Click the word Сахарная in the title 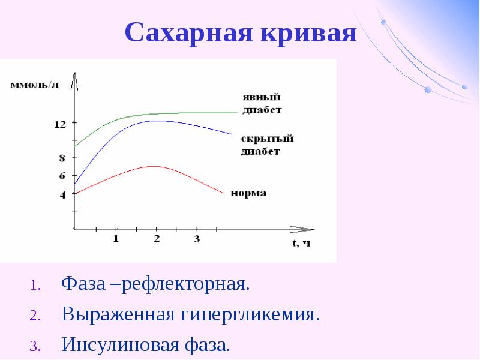point(189,32)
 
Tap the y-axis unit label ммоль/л point(35,85)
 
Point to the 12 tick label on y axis point(60,124)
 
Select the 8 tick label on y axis point(62,158)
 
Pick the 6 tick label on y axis point(62,176)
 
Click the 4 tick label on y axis point(62,194)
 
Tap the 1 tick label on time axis point(116,238)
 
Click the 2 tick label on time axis point(157,238)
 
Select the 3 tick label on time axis point(197,238)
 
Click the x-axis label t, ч point(301,243)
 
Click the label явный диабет point(262,103)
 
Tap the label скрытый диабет point(267,145)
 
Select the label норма point(248,193)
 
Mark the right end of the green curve point(237,113)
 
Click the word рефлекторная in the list point(186,284)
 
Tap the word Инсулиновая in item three point(120,344)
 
